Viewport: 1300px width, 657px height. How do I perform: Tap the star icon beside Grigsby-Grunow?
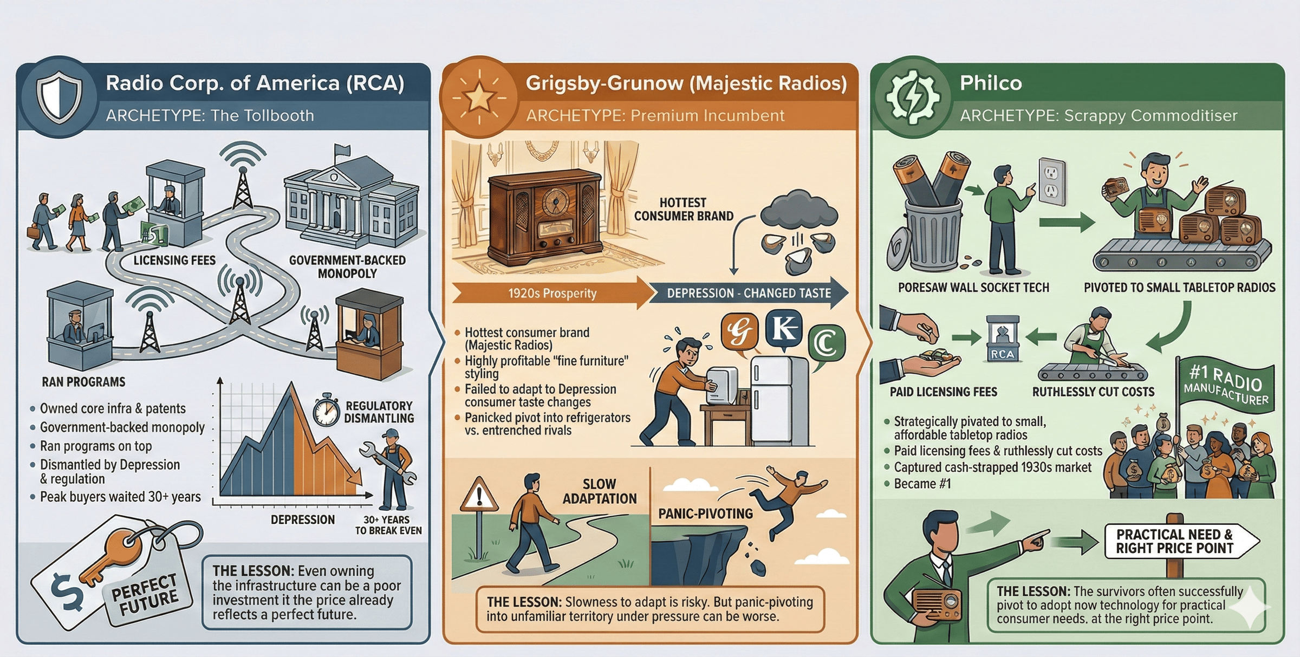coord(479,98)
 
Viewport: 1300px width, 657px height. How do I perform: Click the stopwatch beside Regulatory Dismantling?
coord(327,409)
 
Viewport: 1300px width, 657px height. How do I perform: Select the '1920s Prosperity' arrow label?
coord(552,293)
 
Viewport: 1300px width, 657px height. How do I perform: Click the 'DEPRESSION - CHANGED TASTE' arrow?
coord(749,293)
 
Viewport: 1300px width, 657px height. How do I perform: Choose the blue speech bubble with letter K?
coord(784,328)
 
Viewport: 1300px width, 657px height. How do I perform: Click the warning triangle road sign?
coord(479,495)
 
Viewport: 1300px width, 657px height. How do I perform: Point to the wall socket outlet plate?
coord(1052,181)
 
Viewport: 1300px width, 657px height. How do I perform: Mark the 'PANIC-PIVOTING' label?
coord(705,513)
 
